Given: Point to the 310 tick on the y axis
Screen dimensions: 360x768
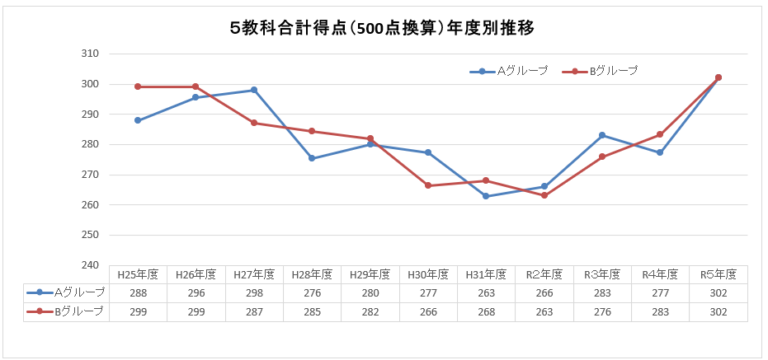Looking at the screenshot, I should [90, 53].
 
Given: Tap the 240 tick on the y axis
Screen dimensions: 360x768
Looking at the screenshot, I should [90, 265].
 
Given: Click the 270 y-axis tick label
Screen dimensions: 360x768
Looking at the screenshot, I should [90, 174].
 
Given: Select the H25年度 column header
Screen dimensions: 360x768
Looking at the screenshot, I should [138, 273].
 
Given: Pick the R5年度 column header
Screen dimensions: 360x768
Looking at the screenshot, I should [718, 273].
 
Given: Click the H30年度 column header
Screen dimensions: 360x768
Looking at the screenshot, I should [428, 273].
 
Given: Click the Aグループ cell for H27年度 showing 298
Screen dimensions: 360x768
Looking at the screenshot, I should [254, 292].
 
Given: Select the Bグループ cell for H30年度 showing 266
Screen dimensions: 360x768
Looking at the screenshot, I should [428, 311].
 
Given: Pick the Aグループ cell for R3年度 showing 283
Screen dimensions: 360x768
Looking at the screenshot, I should [602, 292].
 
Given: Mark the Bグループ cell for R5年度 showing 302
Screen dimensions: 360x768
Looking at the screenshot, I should [718, 311].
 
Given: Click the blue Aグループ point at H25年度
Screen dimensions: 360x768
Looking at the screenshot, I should [138, 120].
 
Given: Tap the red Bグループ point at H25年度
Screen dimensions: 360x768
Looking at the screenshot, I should [138, 87].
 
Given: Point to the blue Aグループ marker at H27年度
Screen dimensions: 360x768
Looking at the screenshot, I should [254, 90].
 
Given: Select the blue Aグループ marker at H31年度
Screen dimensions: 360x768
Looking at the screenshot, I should [486, 196].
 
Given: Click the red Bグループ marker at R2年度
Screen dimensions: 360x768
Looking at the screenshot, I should [544, 195].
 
